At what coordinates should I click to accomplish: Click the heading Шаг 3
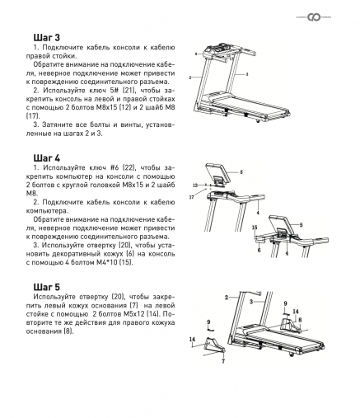(46, 39)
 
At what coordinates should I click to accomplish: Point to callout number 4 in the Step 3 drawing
(196, 53)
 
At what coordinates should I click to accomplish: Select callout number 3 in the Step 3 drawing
(244, 74)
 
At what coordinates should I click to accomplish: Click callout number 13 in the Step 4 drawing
(194, 186)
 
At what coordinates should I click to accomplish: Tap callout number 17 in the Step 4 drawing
(190, 197)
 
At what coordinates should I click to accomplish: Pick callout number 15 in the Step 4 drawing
(255, 226)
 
